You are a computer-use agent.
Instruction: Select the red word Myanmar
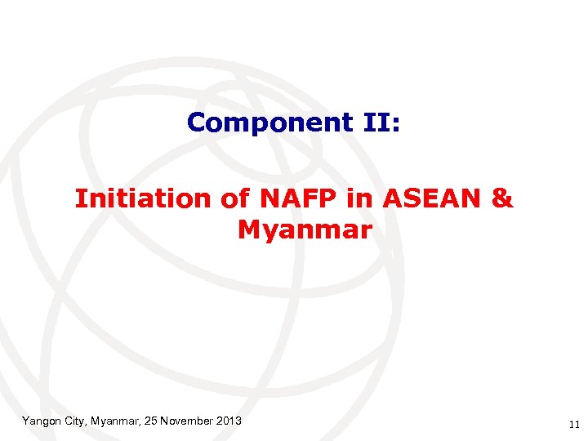click(305, 230)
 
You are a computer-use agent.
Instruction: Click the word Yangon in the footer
click(40, 421)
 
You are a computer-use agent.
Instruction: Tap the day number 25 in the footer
click(149, 421)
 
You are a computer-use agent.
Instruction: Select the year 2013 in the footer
click(229, 421)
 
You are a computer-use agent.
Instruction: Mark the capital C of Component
click(196, 122)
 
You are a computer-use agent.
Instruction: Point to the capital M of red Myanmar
click(248, 230)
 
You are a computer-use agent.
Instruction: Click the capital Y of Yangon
click(25, 421)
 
